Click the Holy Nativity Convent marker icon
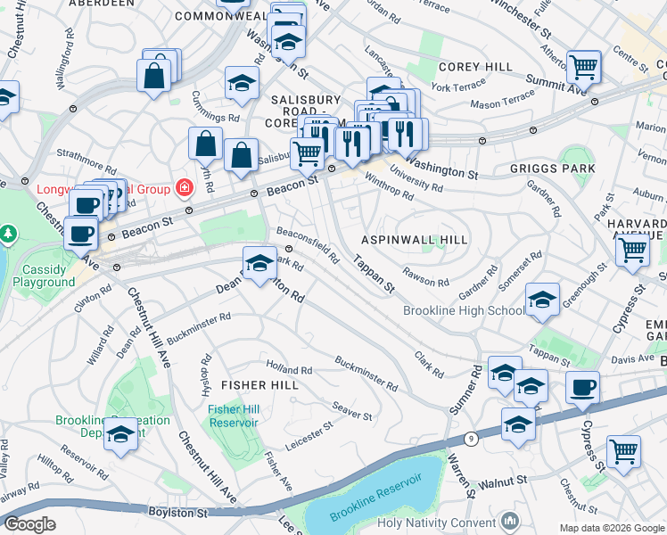click(509, 519)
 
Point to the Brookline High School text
click(464, 311)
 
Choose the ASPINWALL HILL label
click(414, 241)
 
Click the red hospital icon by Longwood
click(184, 188)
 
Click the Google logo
click(30, 523)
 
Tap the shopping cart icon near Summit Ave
click(583, 65)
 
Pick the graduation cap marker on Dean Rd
click(259, 263)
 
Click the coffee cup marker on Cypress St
click(583, 389)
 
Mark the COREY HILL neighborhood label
click(475, 67)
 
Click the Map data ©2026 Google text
click(610, 527)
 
